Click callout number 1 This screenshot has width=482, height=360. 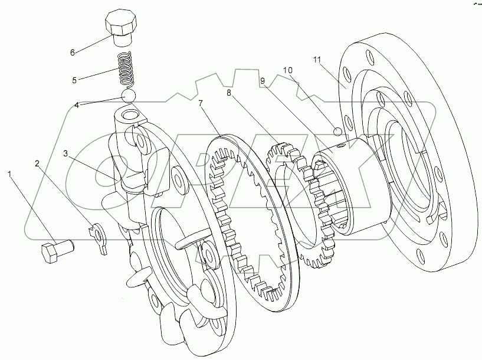click(9, 174)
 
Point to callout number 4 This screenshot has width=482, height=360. click(77, 105)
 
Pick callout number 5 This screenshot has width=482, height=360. click(74, 79)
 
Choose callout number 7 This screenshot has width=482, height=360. click(201, 104)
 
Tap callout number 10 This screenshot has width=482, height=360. click(288, 70)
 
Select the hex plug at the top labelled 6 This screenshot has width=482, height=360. click(122, 27)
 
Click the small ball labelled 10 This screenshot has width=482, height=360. click(337, 131)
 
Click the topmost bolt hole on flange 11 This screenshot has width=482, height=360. click(369, 58)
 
